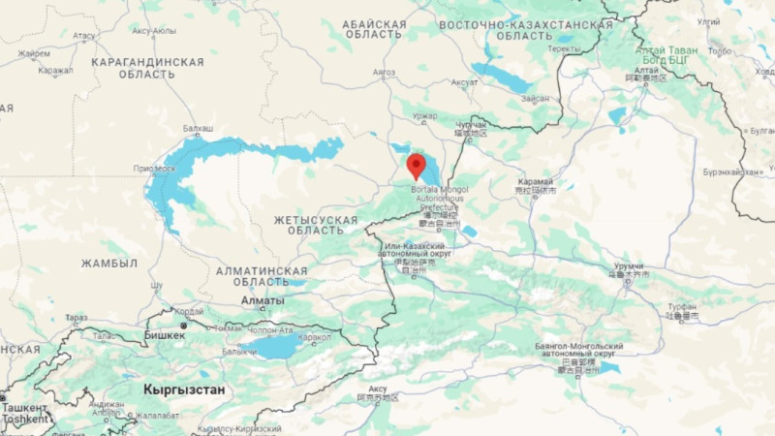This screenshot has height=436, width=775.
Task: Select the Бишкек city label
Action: [165, 335]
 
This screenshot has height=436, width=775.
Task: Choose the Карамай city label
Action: [534, 181]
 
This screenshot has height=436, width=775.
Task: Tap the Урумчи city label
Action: [629, 265]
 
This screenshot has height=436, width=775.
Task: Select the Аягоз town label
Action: [385, 73]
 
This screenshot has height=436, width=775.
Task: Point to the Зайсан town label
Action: [535, 99]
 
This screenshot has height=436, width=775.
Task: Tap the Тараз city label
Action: [77, 317]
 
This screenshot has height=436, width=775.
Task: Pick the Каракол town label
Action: [315, 338]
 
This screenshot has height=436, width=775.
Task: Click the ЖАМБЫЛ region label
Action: [109, 264]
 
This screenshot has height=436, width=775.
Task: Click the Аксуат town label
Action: [464, 83]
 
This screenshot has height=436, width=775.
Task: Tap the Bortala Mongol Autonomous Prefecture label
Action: [439, 199]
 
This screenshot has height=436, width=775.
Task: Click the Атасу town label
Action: [84, 36]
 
